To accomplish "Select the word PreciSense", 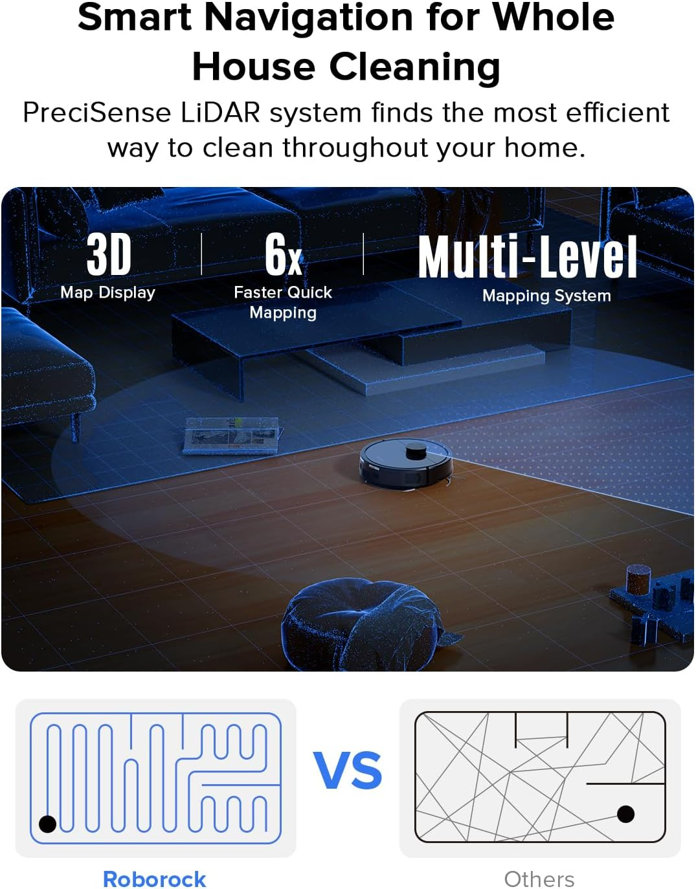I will tap(96, 113).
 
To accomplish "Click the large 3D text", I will tap(109, 256).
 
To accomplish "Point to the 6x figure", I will tap(283, 254).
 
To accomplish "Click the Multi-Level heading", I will tap(527, 258).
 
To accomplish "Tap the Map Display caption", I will tap(107, 292).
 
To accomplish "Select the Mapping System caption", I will tap(546, 296).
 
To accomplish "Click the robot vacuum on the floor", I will tap(405, 464).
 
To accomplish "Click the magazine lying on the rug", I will tap(232, 435).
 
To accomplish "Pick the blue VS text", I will tap(348, 770).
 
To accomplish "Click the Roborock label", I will tap(154, 879).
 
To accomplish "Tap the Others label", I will tap(539, 879).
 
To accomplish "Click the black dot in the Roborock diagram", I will tap(48, 824).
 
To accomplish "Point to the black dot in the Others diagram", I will tap(625, 813).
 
